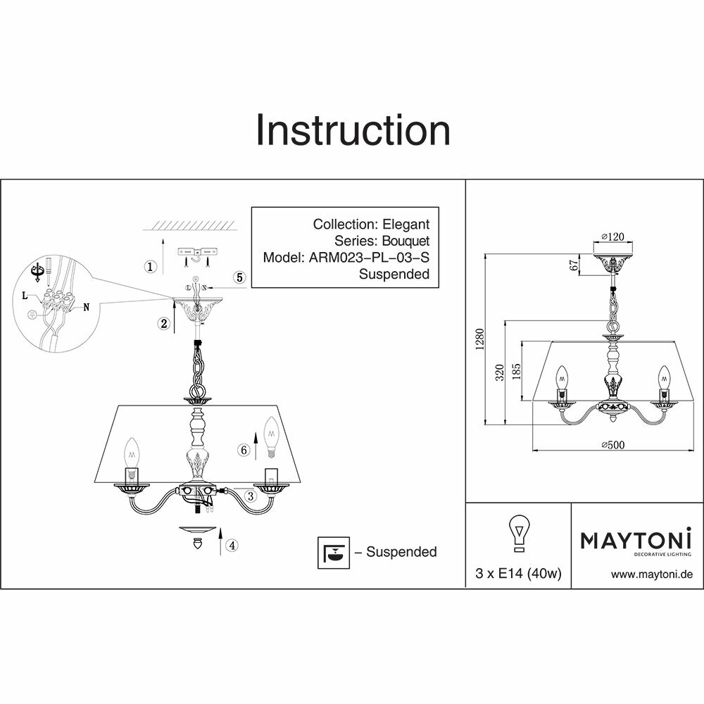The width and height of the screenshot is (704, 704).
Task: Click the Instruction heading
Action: [352, 130]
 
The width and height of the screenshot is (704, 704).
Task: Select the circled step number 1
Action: [150, 267]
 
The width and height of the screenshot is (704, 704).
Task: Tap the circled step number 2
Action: [163, 324]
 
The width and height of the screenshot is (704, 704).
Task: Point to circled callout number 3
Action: [250, 496]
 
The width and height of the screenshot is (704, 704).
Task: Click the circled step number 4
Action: [232, 544]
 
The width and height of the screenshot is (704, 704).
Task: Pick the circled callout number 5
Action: [239, 277]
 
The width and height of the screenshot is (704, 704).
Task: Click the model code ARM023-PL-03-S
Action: [369, 258]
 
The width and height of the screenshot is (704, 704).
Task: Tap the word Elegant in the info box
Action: [406, 225]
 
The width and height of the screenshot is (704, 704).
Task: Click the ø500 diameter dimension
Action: [614, 444]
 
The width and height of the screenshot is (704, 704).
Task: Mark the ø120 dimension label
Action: [614, 237]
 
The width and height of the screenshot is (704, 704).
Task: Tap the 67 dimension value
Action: [574, 265]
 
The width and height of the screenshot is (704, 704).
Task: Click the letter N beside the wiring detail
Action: [87, 307]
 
